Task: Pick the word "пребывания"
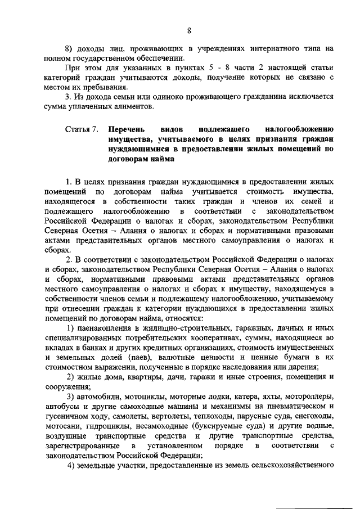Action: pos(105,87)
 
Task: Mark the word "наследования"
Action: pos(251,367)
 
